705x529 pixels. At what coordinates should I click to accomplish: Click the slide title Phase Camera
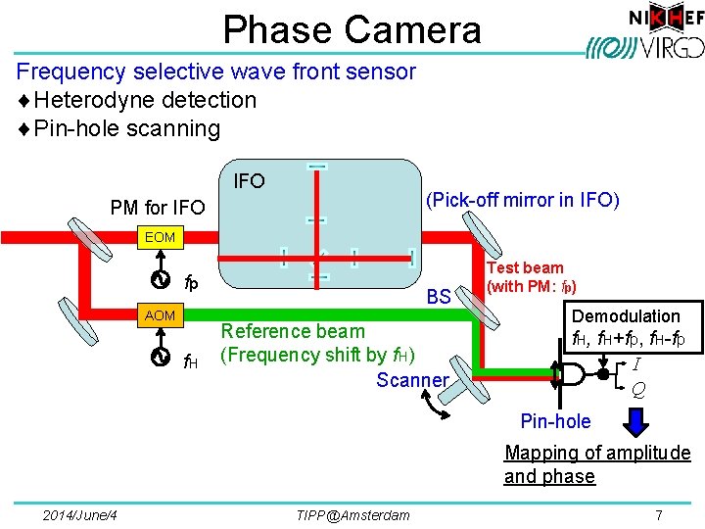(352, 29)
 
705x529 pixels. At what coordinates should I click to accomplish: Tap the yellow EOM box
(160, 237)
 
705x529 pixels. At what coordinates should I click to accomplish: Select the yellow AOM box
(160, 315)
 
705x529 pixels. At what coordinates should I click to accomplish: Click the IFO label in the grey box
(250, 181)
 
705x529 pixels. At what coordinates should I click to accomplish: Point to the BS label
(439, 297)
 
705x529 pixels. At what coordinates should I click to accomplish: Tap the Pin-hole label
(555, 421)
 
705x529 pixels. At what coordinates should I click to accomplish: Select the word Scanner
(412, 379)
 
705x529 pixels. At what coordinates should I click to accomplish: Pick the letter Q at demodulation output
(638, 389)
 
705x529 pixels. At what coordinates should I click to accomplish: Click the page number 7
(659, 515)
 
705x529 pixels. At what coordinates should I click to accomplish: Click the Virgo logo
(640, 46)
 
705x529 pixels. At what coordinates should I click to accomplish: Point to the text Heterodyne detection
(145, 100)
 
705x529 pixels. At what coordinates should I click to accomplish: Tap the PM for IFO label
(158, 207)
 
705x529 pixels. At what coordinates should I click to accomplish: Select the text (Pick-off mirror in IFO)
(521, 201)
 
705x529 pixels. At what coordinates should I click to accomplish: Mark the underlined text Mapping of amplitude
(597, 453)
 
